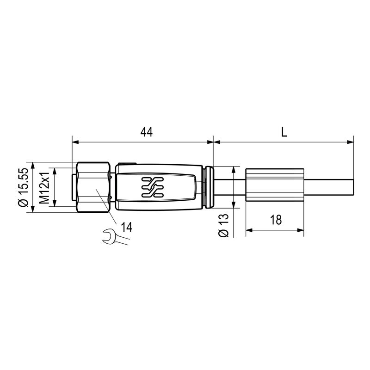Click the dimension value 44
147,132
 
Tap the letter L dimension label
284,132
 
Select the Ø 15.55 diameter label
24,187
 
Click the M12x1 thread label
45,187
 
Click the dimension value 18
275,220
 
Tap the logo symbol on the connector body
153,187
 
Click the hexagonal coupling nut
94,187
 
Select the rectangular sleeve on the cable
275,187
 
